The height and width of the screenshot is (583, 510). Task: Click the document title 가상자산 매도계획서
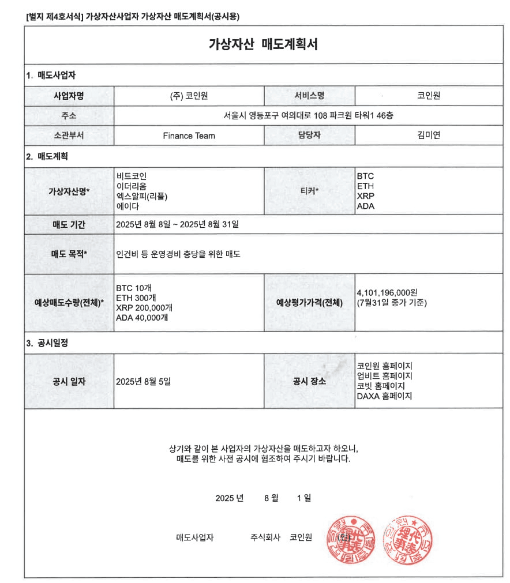click(263, 44)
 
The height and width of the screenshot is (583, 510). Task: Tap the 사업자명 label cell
click(69, 96)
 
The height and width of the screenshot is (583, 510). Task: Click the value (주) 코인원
click(189, 96)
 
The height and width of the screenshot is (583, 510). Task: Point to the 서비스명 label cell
click(309, 96)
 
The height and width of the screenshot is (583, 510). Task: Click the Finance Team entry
click(189, 136)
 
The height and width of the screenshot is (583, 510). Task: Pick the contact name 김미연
click(429, 136)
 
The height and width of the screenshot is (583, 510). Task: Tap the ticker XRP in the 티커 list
click(366, 196)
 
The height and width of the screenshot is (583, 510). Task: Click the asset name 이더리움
click(131, 186)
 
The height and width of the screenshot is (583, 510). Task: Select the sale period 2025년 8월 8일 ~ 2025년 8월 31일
click(177, 224)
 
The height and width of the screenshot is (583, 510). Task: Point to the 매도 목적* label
click(69, 254)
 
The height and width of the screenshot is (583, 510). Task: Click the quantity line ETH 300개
click(136, 298)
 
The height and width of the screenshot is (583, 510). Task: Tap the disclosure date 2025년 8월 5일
click(144, 381)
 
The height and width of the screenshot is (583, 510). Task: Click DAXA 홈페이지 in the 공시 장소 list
click(385, 396)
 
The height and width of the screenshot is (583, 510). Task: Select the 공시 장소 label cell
click(309, 381)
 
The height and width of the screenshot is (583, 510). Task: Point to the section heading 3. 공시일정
click(47, 343)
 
